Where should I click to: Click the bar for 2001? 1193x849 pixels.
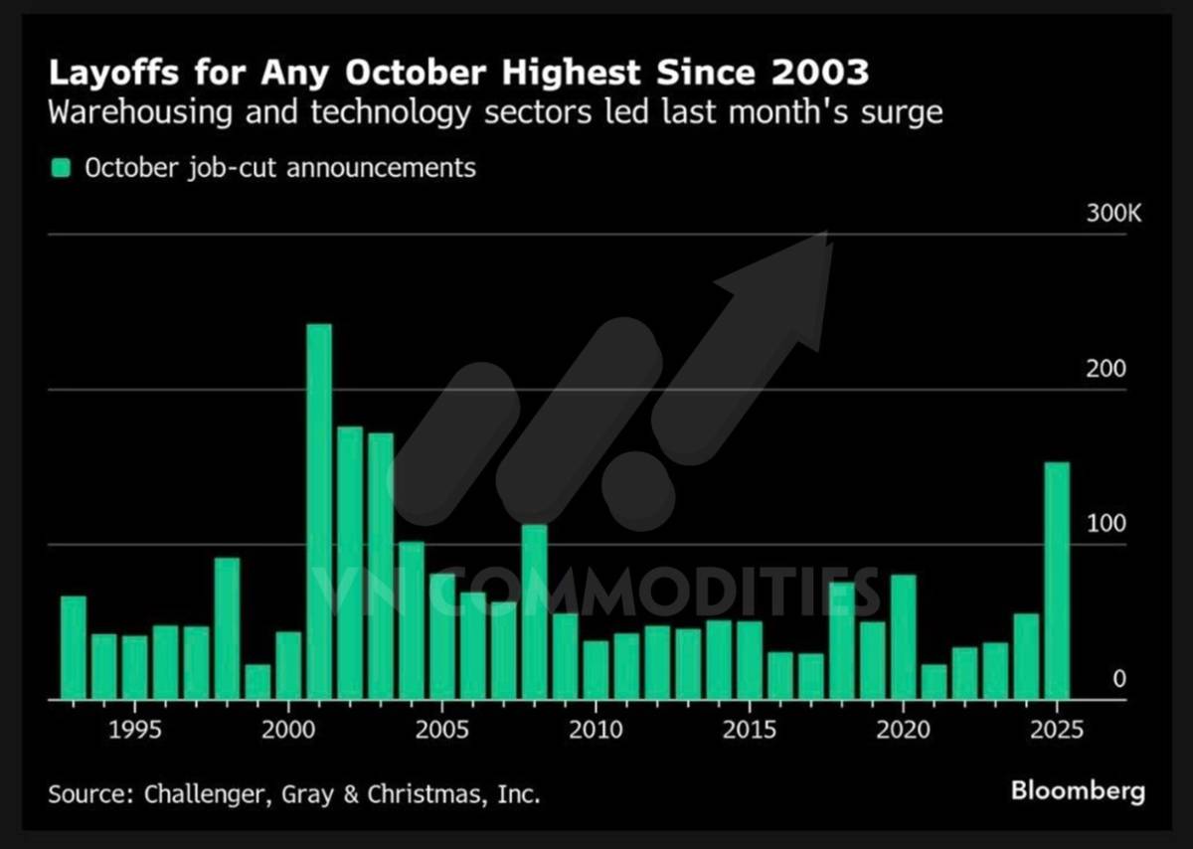point(319,511)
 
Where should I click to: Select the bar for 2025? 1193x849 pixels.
point(1057,581)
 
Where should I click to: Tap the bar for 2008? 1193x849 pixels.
point(535,611)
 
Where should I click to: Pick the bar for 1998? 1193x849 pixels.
point(227,628)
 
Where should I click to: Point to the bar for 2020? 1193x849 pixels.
point(903,636)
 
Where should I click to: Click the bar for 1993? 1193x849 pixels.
point(74,647)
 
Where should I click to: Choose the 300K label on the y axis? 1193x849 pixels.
point(1106,215)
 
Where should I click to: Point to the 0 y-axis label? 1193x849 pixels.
point(1118,680)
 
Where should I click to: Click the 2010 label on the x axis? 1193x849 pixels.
point(596,731)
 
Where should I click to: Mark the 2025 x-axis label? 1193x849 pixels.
point(1057,731)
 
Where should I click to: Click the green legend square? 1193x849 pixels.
point(62,168)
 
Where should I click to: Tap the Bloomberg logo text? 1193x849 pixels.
point(1078,791)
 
